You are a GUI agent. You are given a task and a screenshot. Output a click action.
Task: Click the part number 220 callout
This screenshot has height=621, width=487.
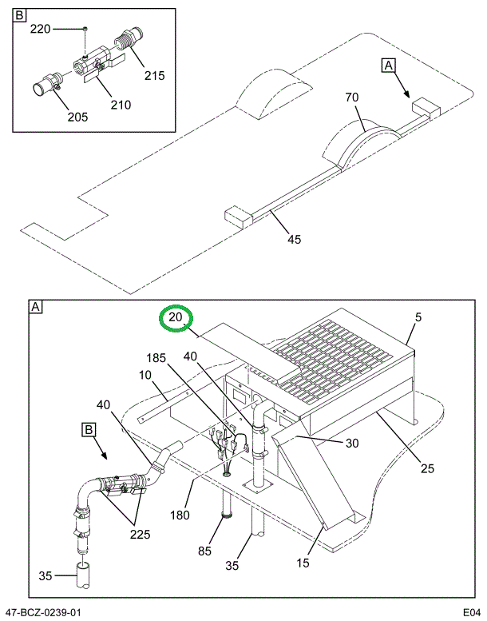tap(40, 29)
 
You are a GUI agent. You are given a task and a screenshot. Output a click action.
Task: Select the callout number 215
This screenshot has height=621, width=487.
tap(154, 76)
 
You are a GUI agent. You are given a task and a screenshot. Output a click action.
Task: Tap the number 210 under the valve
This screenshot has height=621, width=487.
tap(121, 104)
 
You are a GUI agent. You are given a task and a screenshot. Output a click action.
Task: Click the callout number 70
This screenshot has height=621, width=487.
tap(352, 98)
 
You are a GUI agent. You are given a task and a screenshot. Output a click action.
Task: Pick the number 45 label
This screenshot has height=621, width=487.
tap(294, 239)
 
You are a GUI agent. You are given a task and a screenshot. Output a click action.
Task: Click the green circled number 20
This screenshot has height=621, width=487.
tap(176, 318)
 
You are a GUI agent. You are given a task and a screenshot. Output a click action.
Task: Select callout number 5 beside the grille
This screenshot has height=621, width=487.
tap(418, 318)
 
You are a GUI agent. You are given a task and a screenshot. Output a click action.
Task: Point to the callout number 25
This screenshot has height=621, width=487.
tap(427, 468)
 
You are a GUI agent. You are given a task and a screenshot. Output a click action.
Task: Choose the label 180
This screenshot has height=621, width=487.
tap(180, 514)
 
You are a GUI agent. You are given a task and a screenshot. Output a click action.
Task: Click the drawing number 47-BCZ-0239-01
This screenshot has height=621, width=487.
tap(49, 612)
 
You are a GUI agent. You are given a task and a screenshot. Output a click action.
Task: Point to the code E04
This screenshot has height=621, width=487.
tap(471, 612)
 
